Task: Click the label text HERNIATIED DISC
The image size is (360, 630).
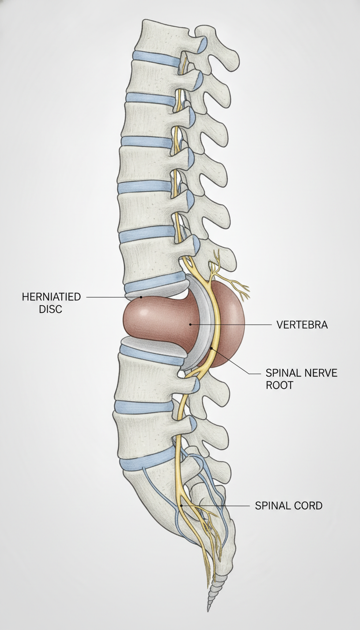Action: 51,303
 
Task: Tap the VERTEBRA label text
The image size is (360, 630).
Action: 302,325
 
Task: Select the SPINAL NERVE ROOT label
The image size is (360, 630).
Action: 301,379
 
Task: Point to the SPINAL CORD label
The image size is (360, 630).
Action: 289,505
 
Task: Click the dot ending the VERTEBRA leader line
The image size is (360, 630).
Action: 191,324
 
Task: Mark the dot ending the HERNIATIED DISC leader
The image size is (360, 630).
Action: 140,297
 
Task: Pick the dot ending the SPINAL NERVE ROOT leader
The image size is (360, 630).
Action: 212,349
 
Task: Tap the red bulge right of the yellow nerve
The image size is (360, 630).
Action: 229,323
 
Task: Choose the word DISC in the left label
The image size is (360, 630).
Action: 50,308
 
